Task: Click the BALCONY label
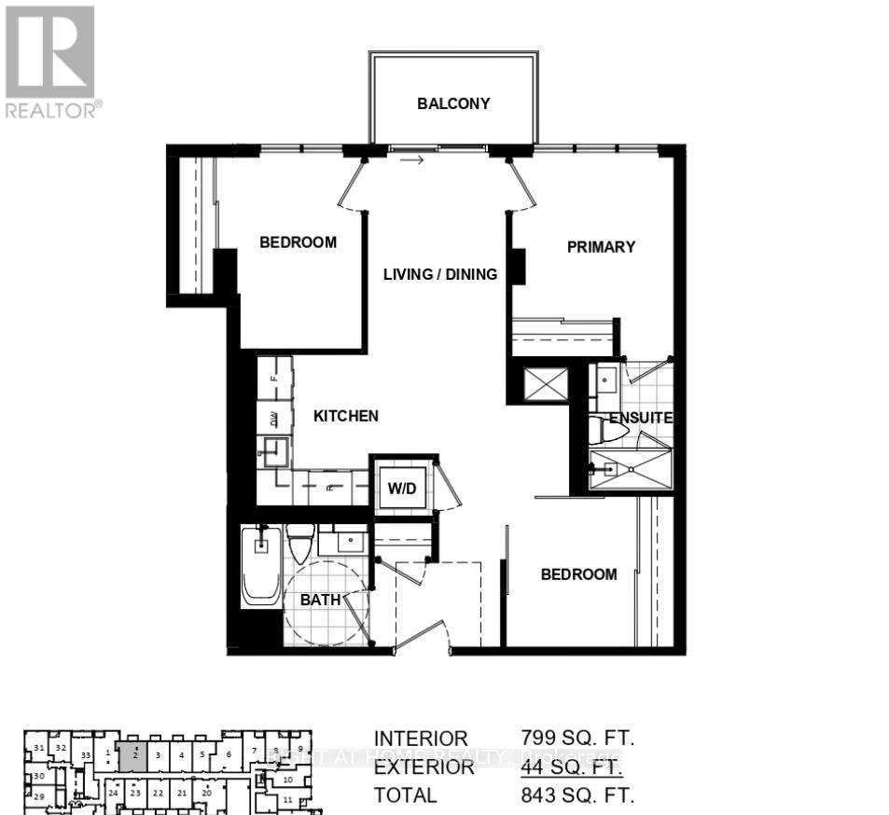453,104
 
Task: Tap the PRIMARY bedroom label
602,247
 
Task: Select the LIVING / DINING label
441,274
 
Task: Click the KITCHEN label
345,416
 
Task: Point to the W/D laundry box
403,487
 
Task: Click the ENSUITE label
641,418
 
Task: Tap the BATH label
320,600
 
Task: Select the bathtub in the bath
261,566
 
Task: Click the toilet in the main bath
300,544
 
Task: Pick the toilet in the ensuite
608,431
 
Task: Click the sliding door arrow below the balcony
412,160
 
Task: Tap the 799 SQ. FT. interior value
577,739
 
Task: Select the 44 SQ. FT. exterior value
571,767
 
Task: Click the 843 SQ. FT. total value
577,795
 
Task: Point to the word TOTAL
405,795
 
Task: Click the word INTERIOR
421,739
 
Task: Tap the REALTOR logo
50,62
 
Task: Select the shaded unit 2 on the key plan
133,755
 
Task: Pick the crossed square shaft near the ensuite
546,383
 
